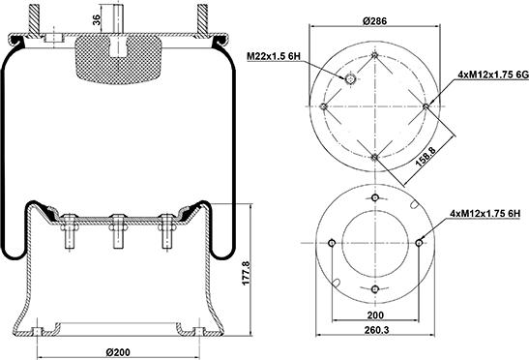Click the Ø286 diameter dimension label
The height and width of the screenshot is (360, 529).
coord(374,21)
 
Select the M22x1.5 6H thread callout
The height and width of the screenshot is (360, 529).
coord(274,56)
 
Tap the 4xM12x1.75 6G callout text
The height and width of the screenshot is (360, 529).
coord(493,75)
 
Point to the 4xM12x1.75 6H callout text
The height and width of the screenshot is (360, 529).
coord(485,213)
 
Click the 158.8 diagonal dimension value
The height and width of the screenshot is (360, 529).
coord(426,156)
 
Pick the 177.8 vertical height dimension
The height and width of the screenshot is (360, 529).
coord(246,273)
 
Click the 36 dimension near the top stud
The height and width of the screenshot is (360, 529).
coord(96,20)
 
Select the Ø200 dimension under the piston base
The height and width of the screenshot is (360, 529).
coord(118,352)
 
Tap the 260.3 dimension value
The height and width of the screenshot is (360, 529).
coord(376,330)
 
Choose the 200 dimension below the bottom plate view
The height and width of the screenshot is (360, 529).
coord(375,315)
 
